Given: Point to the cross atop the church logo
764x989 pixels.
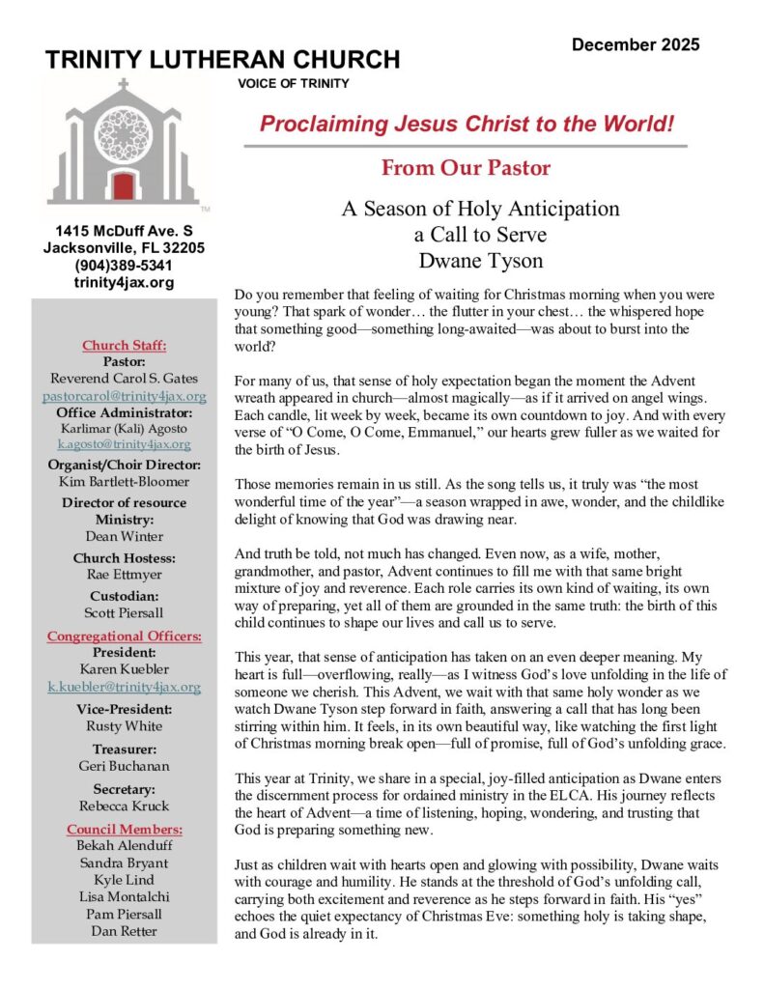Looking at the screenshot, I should point(123,85).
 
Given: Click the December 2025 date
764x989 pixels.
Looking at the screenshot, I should point(635,44).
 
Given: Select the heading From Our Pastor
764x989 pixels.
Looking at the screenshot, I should point(466,168).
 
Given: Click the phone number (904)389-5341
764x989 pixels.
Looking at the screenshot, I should point(123,266).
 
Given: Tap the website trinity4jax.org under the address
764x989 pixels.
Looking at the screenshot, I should point(123,282).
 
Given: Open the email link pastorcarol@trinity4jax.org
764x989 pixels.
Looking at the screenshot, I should point(123,396).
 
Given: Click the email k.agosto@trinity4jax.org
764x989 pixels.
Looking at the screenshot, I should point(123,444).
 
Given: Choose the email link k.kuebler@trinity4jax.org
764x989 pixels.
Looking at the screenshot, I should point(123,688).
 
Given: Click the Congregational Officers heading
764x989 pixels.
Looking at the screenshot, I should point(123,636).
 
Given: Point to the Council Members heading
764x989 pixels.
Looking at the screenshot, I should point(123,829).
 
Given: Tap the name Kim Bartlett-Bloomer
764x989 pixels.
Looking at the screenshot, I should point(123,480).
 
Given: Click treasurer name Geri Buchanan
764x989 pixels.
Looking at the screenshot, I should point(123,766).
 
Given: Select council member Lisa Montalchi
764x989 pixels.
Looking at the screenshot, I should point(123,898).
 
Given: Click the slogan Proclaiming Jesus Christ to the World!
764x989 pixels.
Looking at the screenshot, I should point(467,124).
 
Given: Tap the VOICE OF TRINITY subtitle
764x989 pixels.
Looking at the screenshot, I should point(293,83).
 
